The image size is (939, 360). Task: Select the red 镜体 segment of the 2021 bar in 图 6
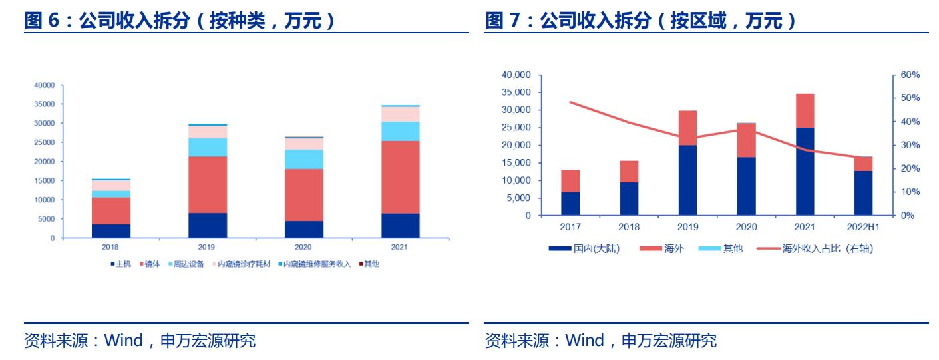pos(400,177)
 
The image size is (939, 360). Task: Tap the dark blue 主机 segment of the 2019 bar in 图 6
pos(208,225)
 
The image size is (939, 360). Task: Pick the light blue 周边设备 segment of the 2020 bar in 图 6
pos(304,159)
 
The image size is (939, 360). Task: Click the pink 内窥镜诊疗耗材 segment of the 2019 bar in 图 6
pos(208,132)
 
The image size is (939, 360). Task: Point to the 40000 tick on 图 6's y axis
pos(45,85)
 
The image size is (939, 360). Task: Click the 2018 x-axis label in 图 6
pos(111,247)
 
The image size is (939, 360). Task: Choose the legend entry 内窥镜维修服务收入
pos(317,264)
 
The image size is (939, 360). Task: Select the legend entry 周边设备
pos(188,264)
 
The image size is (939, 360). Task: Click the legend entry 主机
pos(122,264)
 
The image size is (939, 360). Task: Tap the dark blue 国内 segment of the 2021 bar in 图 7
pos(805,171)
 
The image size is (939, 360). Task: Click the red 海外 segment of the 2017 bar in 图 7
pos(570,180)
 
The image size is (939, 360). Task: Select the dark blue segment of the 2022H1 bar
pos(863,193)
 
